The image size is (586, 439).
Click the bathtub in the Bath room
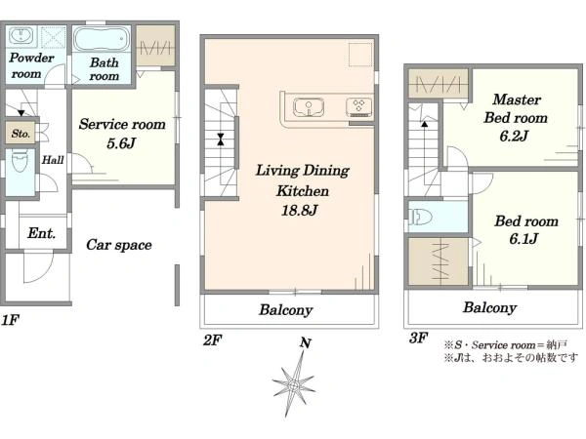(x=102, y=38)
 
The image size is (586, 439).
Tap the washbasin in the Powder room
(x=21, y=36)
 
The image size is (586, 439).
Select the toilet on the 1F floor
(x=20, y=161)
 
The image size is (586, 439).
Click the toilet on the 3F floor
(x=420, y=217)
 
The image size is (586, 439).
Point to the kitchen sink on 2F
(x=309, y=107)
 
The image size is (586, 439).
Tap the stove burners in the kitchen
(x=359, y=106)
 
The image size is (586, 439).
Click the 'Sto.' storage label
(x=21, y=134)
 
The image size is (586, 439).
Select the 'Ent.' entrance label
(x=41, y=233)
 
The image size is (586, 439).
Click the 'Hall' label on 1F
(x=53, y=160)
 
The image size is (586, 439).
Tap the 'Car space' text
(x=119, y=245)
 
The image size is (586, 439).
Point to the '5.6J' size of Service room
(x=121, y=143)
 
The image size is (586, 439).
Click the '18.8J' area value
(x=300, y=211)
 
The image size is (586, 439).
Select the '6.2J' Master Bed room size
(x=515, y=136)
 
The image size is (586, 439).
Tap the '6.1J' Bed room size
(x=523, y=239)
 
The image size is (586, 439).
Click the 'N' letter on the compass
(x=306, y=342)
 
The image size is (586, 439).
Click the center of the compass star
(x=294, y=384)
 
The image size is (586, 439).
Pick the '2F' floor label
(x=212, y=340)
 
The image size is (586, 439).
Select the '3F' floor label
(x=418, y=338)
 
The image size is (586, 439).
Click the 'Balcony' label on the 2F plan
(x=286, y=310)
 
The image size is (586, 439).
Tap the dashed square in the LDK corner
(x=360, y=55)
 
